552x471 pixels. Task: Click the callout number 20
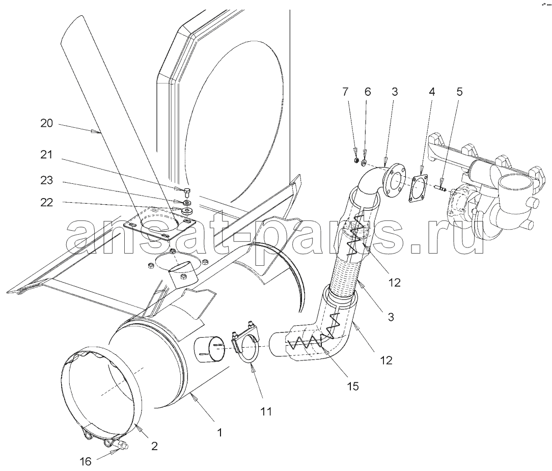tap(47, 124)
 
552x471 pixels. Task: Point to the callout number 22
tap(47, 203)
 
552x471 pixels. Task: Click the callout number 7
tap(346, 92)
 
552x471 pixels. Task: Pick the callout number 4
tap(432, 92)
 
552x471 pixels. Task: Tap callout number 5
tap(460, 92)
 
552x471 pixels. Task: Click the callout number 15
tap(352, 386)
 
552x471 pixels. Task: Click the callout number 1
tap(219, 433)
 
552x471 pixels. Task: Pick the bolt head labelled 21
tap(187, 192)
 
